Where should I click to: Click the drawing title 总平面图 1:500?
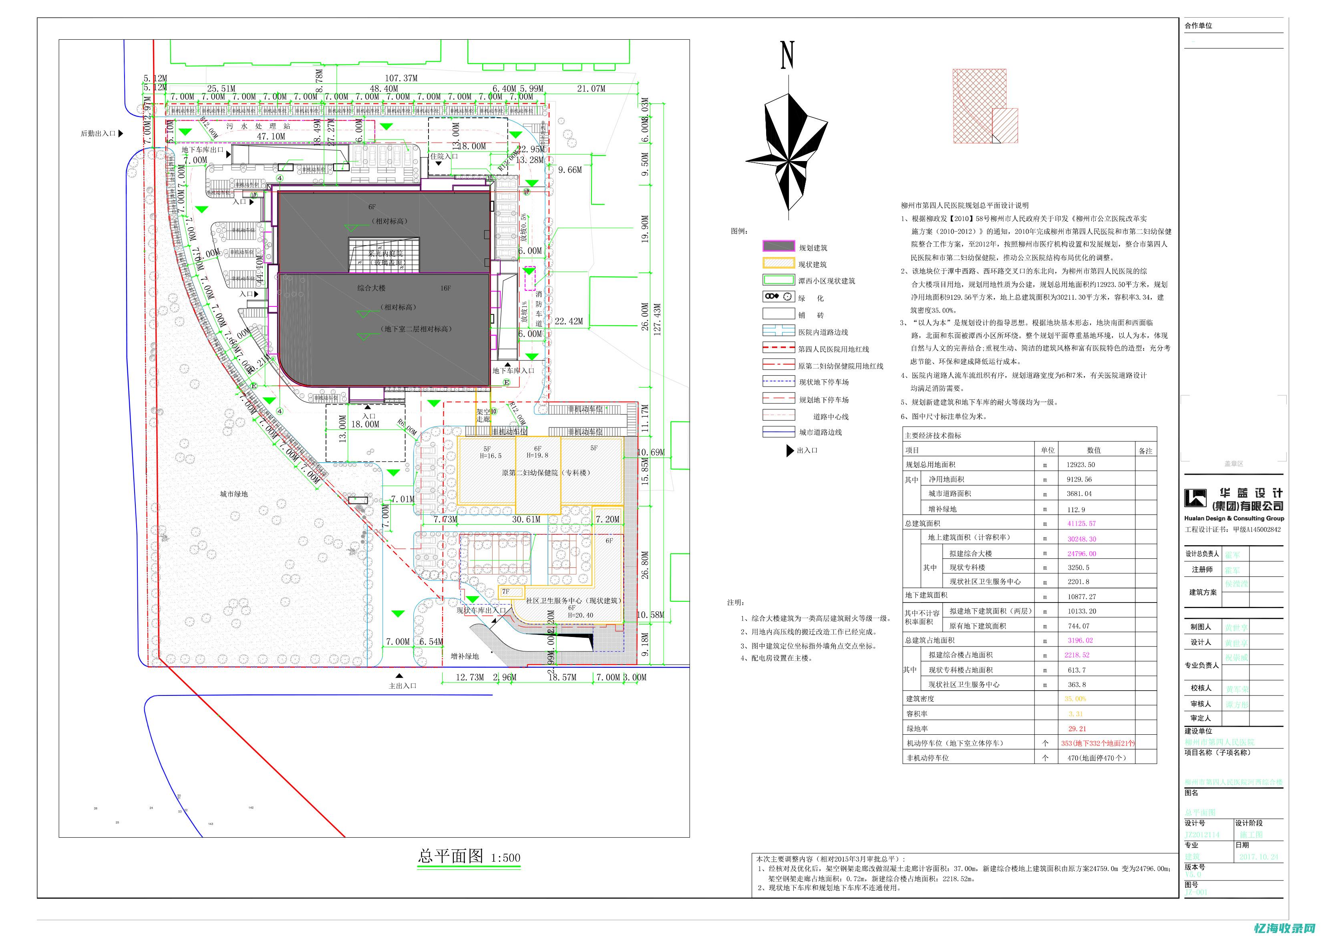point(469,856)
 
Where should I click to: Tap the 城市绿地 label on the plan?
point(233,494)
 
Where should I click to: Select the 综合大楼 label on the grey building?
point(371,288)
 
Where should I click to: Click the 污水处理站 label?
point(258,126)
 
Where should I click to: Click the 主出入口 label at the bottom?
point(402,686)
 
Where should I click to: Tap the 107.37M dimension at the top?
point(401,78)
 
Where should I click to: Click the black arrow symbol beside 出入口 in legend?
point(790,451)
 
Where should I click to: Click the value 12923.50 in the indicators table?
point(1081,464)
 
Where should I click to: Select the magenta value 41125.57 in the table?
point(1081,523)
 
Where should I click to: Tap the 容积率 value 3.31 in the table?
point(1075,714)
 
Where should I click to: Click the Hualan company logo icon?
point(1195,498)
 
